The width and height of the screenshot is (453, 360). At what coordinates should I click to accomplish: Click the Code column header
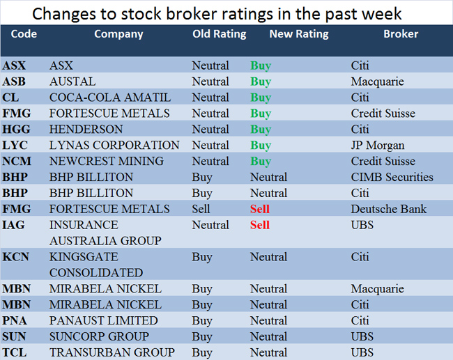pyautogui.click(x=24, y=33)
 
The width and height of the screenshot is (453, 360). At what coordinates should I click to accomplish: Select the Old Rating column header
pyautogui.click(x=219, y=33)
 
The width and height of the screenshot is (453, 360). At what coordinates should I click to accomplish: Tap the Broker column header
pyautogui.click(x=401, y=33)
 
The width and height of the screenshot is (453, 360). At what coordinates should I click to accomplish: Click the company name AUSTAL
pyautogui.click(x=72, y=81)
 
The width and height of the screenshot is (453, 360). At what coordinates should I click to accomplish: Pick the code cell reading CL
pyautogui.click(x=11, y=97)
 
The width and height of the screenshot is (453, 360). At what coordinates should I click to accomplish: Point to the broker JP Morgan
pyautogui.click(x=377, y=146)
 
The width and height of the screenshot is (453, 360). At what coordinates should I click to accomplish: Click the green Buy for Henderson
pyautogui.click(x=261, y=130)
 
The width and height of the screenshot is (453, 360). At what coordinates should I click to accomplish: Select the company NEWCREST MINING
pyautogui.click(x=107, y=162)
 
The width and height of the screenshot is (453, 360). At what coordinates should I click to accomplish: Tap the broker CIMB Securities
pyautogui.click(x=392, y=178)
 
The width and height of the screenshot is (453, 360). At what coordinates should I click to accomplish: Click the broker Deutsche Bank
pyautogui.click(x=389, y=209)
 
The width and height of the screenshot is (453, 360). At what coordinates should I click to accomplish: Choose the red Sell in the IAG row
pyautogui.click(x=260, y=225)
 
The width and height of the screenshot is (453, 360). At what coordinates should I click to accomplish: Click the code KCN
pyautogui.click(x=16, y=257)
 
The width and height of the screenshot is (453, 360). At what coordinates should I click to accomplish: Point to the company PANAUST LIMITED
pyautogui.click(x=104, y=321)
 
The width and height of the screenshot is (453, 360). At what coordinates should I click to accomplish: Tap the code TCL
pyautogui.click(x=15, y=352)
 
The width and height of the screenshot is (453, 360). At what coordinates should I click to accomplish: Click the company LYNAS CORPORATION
pyautogui.click(x=114, y=146)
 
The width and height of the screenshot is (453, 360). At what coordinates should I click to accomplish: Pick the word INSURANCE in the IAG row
pyautogui.click(x=84, y=225)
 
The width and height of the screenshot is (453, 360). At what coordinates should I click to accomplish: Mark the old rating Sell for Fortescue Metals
pyautogui.click(x=201, y=209)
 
